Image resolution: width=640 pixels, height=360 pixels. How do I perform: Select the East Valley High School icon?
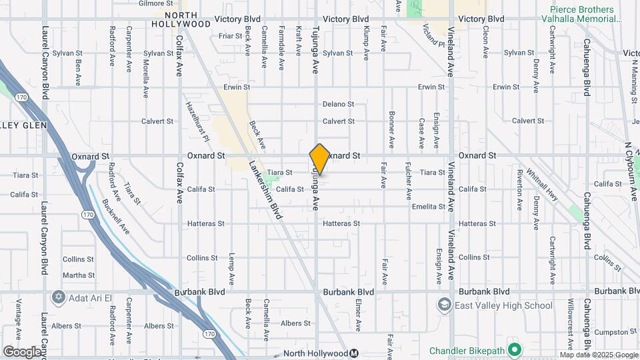coord(444,305)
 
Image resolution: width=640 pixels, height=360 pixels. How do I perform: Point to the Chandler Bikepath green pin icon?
coord(514,349)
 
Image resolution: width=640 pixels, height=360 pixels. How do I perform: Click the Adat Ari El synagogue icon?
coord(58,296)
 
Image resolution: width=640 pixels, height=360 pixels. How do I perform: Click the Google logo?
coord(22,351)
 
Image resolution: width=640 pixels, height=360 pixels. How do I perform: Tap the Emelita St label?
coord(428,207)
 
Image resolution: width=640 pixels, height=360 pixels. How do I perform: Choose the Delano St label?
coord(338,104)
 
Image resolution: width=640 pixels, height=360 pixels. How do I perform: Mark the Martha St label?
coord(78,275)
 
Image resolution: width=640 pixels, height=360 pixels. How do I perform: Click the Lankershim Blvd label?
coord(266,191)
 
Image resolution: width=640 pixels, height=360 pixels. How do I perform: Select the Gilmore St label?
coord(151,3)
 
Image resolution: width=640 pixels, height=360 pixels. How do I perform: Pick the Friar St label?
coord(230,35)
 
